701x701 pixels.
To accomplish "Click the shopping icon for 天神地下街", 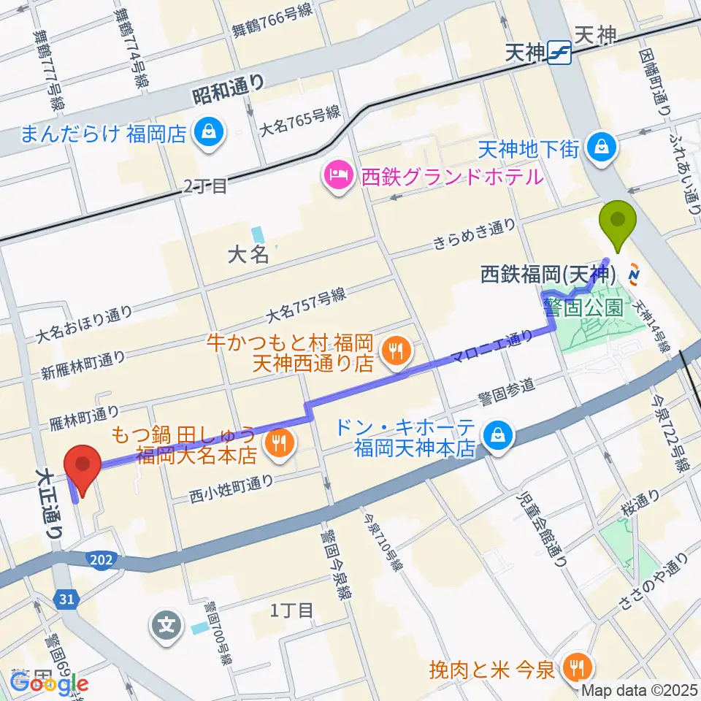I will (603, 148).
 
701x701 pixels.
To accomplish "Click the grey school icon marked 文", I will (166, 624).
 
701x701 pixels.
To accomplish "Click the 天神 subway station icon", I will (560, 53).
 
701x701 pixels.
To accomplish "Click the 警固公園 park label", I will (584, 307).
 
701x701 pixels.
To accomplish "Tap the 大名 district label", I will (248, 254).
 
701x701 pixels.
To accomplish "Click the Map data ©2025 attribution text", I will (638, 690).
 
